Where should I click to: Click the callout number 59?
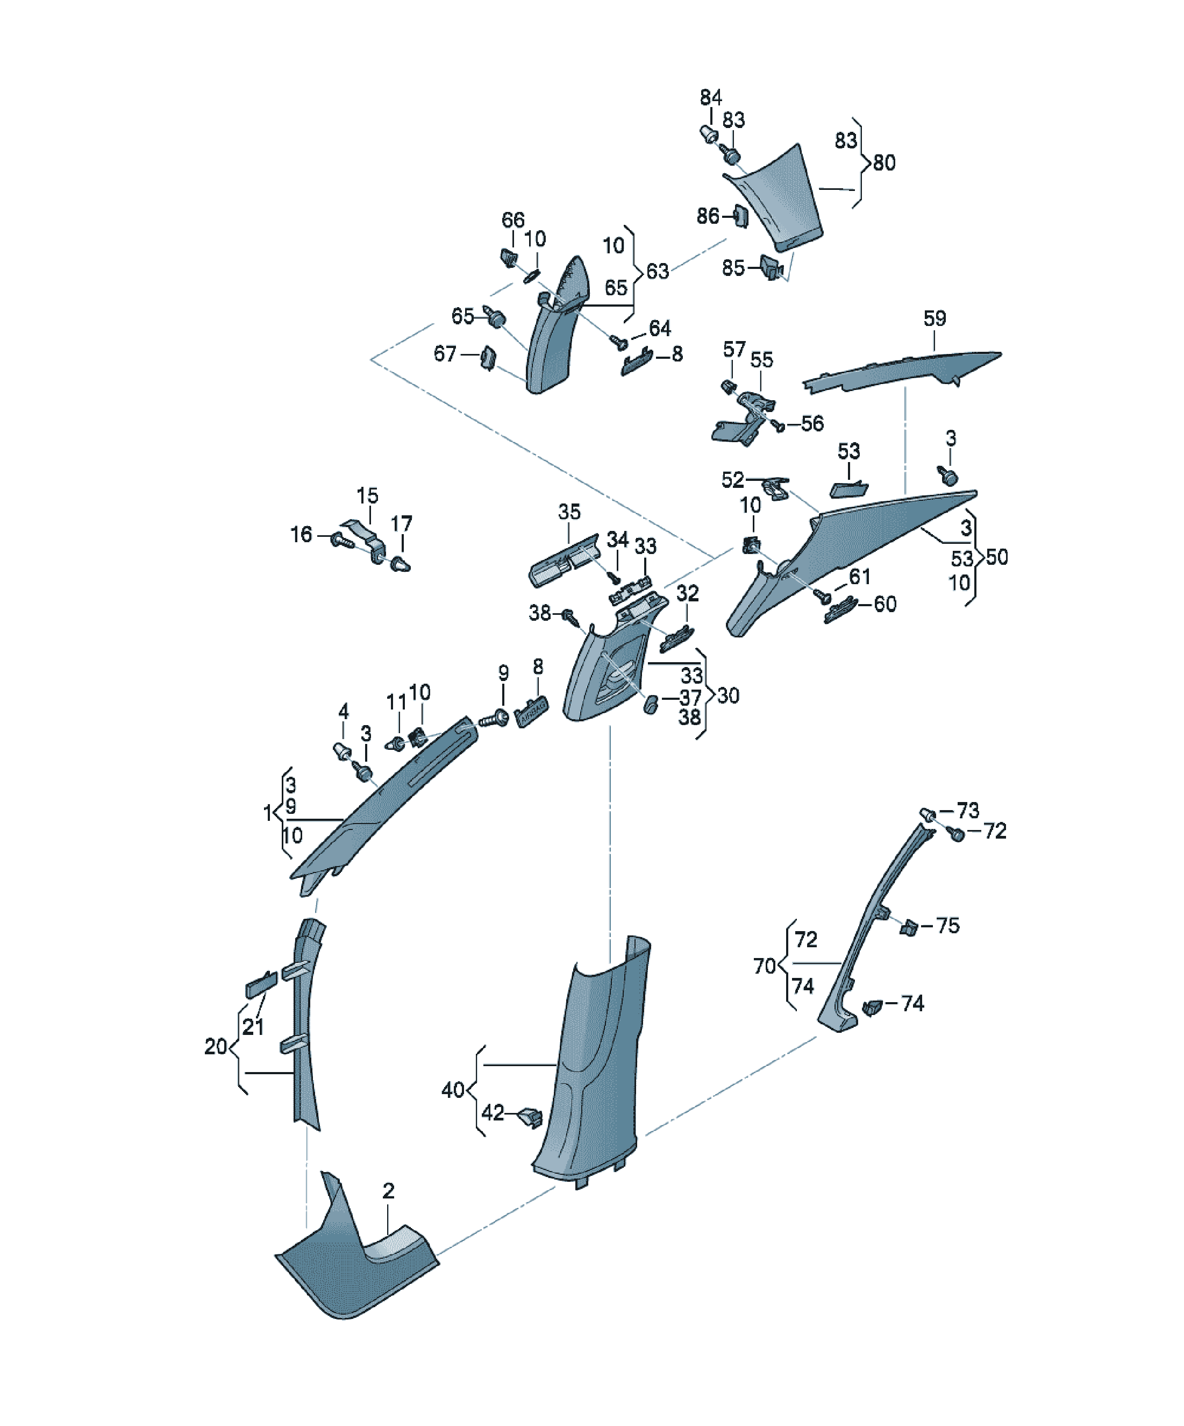934,318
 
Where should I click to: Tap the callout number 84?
711,98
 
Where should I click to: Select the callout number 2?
388,1190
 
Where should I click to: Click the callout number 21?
253,1027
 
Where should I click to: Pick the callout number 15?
367,496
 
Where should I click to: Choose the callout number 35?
569,512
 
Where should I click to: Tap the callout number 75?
948,926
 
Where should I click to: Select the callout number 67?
445,354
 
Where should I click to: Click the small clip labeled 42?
530,1117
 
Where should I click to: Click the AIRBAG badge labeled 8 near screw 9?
532,712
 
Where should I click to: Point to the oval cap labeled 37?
650,704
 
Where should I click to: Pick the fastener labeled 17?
401,564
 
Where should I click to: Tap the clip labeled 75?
908,926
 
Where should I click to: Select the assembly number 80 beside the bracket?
884,163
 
